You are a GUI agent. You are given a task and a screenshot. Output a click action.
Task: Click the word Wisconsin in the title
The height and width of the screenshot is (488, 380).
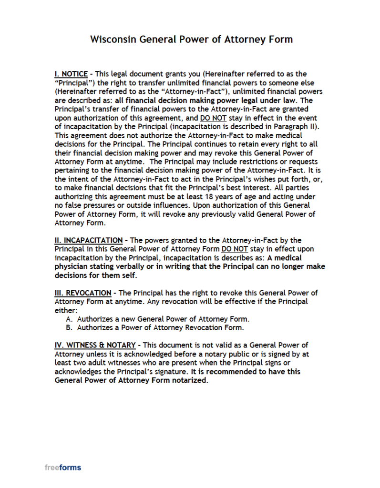click(113, 39)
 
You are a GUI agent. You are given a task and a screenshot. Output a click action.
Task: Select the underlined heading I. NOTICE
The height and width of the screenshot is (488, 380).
click(71, 74)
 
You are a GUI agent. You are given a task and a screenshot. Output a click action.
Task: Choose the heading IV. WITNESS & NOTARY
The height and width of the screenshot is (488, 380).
click(95, 345)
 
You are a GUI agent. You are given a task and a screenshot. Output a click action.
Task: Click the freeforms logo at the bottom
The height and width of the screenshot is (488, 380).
click(63, 468)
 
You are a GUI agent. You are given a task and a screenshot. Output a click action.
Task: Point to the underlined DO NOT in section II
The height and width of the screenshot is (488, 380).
click(234, 249)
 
